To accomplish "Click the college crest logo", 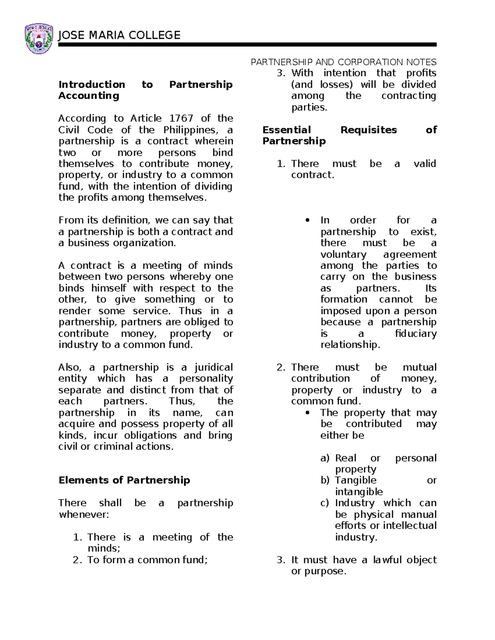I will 39,39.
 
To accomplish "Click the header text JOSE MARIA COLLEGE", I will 119,35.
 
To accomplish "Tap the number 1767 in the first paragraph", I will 182,119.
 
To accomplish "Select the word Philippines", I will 189,130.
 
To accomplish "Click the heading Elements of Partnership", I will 124,481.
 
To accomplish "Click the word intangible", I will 359,492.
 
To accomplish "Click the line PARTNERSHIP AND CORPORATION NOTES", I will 344,62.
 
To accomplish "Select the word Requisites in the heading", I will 368,130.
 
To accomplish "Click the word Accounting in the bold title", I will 89,96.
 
